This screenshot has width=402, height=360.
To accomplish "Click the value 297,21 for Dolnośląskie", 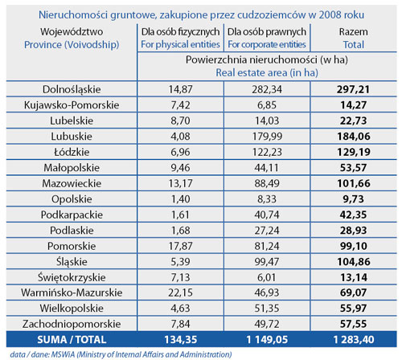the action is point(353,89).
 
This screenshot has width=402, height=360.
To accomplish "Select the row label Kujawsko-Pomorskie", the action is point(72,105).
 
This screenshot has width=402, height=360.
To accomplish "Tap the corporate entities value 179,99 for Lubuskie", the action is point(267,137).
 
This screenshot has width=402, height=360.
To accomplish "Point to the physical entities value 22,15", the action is point(180,292).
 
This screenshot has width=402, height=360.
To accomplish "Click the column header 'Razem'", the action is point(354,32).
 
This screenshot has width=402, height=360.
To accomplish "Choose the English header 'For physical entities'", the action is point(180,44).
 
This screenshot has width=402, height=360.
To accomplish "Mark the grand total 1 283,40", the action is point(354,340).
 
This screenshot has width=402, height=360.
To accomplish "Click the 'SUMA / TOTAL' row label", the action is point(72,340).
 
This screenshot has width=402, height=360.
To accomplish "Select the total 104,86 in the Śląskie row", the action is point(354,262).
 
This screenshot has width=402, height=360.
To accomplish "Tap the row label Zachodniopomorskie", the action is point(72,324).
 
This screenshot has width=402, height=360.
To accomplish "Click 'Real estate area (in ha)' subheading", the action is point(267,72).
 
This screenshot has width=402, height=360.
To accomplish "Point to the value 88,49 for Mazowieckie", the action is point(267,183).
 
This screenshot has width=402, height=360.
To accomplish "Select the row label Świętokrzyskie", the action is point(72,277).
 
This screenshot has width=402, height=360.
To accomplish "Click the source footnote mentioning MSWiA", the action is point(121,354).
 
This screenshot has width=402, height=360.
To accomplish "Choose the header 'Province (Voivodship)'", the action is point(72,45).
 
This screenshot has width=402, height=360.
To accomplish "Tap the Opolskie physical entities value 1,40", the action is point(180,199).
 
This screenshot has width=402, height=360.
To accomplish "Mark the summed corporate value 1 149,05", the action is point(267,340).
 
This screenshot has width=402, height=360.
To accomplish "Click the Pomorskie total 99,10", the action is point(354,246).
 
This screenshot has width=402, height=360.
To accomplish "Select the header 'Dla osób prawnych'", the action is point(267,32).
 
